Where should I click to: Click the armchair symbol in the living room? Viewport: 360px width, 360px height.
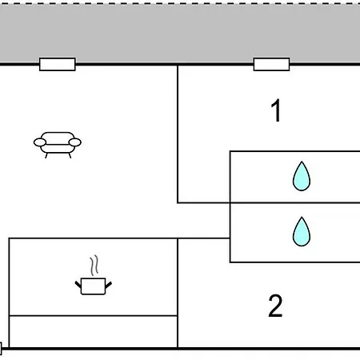(x=58, y=145)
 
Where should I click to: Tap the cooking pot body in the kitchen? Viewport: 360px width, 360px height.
(x=93, y=286)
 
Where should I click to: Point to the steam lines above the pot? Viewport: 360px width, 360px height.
(x=94, y=265)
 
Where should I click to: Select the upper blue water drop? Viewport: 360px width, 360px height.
(x=302, y=177)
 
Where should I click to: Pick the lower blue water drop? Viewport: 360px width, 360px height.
(x=302, y=232)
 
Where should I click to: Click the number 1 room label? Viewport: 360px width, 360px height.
(x=276, y=110)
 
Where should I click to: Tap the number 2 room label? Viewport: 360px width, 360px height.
(x=275, y=306)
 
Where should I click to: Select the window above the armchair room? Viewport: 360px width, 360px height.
(x=58, y=64)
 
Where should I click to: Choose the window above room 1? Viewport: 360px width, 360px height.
(x=271, y=64)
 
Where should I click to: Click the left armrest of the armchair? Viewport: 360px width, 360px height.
(x=40, y=142)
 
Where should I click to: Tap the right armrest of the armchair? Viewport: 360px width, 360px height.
(x=75, y=142)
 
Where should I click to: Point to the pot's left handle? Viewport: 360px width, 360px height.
(x=78, y=285)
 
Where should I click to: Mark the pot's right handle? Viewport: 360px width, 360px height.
(x=109, y=285)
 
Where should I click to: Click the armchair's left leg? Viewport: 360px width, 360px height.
(x=46, y=155)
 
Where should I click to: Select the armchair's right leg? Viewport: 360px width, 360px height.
(x=70, y=155)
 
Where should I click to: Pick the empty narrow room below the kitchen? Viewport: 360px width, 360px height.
(x=94, y=331)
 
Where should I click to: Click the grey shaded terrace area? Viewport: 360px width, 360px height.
(x=180, y=34)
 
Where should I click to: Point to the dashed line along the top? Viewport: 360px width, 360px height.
(x=180, y=3)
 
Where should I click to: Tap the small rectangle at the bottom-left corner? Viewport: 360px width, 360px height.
(x=1, y=349)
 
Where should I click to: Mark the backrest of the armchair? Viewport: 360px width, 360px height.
(x=58, y=138)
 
